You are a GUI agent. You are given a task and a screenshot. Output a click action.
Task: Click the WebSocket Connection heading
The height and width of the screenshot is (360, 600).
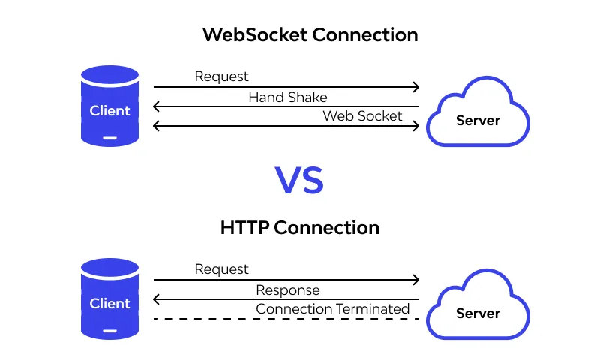(310, 35)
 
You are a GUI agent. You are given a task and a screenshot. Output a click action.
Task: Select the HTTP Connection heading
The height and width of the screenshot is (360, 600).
(300, 227)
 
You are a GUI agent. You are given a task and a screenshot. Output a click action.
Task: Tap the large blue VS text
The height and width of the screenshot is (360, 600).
(299, 181)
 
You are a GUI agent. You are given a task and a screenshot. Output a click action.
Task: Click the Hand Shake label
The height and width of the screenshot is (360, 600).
(288, 97)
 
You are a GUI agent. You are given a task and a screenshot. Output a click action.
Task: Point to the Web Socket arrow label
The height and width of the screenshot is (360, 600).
(362, 116)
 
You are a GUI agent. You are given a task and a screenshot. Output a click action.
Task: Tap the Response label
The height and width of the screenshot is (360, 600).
(288, 290)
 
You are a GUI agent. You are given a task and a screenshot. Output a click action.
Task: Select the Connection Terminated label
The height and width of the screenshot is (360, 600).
(333, 309)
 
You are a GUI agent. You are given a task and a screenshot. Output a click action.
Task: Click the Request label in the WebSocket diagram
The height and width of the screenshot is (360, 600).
(221, 76)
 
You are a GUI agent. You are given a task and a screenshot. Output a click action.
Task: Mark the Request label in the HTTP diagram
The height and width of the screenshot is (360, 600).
(221, 268)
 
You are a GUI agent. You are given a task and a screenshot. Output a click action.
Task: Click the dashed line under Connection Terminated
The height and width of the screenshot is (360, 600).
(286, 319)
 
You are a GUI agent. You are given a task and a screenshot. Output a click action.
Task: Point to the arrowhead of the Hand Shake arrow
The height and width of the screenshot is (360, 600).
(156, 107)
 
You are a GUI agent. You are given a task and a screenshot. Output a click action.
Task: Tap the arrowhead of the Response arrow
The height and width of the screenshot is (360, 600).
(156, 300)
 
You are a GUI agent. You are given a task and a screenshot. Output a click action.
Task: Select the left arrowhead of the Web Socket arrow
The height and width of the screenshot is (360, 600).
(156, 126)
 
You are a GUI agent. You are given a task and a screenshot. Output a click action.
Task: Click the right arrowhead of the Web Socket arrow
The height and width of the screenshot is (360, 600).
(415, 126)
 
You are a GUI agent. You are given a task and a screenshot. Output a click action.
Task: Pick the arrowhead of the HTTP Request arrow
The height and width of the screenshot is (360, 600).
(415, 280)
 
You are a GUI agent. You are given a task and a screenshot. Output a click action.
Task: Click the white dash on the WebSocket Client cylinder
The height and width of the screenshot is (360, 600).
(110, 137)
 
